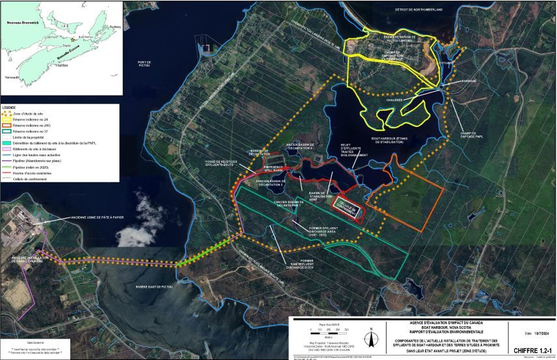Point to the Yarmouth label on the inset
tap(12, 77)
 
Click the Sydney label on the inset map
tap(115, 27)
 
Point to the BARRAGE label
tap(469, 81)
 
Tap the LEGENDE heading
tap(10, 107)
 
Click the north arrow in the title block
tap(370, 339)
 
